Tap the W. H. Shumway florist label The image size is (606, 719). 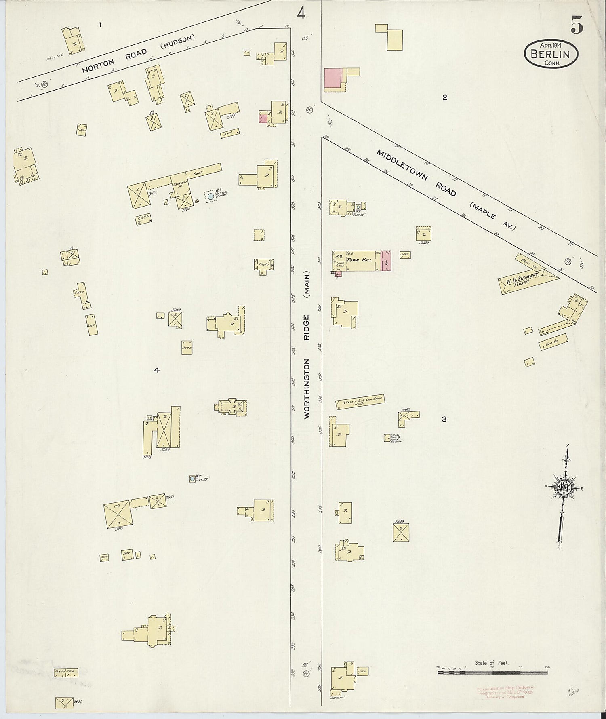pyautogui.click(x=524, y=280)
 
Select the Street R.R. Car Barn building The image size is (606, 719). pyautogui.click(x=360, y=402)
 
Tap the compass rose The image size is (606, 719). pyautogui.click(x=562, y=488)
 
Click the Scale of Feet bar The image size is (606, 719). pyautogui.click(x=492, y=673)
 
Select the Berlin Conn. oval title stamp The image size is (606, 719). pyautogui.click(x=551, y=54)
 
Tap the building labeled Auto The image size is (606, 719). pyautogui.click(x=187, y=347)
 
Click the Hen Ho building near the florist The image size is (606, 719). pyautogui.click(x=553, y=342)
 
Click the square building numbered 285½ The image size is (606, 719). pyautogui.click(x=401, y=533)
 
